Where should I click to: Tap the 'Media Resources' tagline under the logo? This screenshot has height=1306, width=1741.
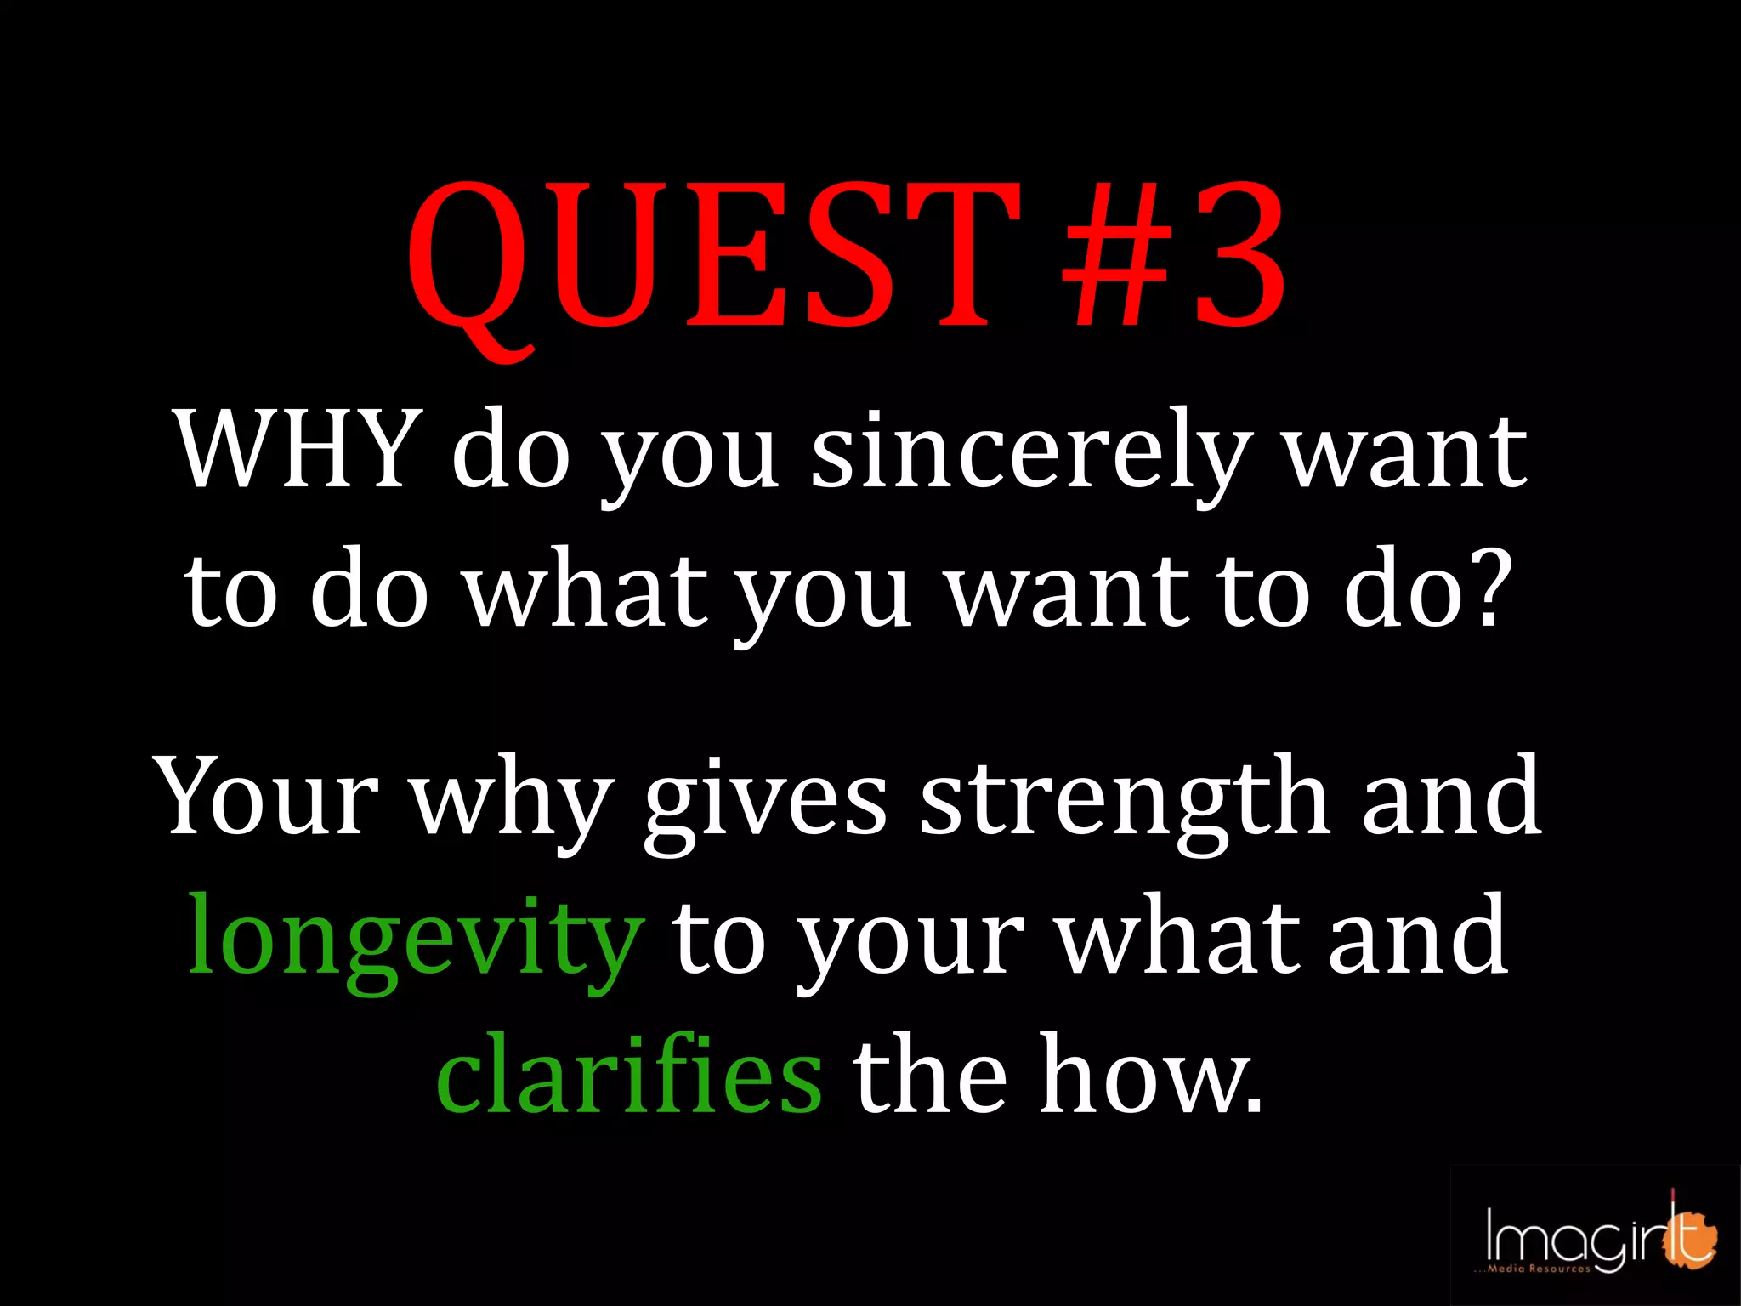coord(1538,1269)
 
